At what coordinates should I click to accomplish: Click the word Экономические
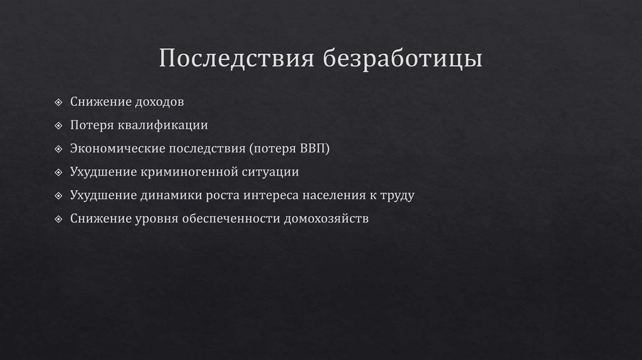tap(118, 148)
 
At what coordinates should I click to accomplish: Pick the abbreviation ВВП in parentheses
tap(315, 148)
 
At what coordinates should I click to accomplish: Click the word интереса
tap(271, 195)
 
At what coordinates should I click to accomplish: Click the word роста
tap(220, 195)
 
